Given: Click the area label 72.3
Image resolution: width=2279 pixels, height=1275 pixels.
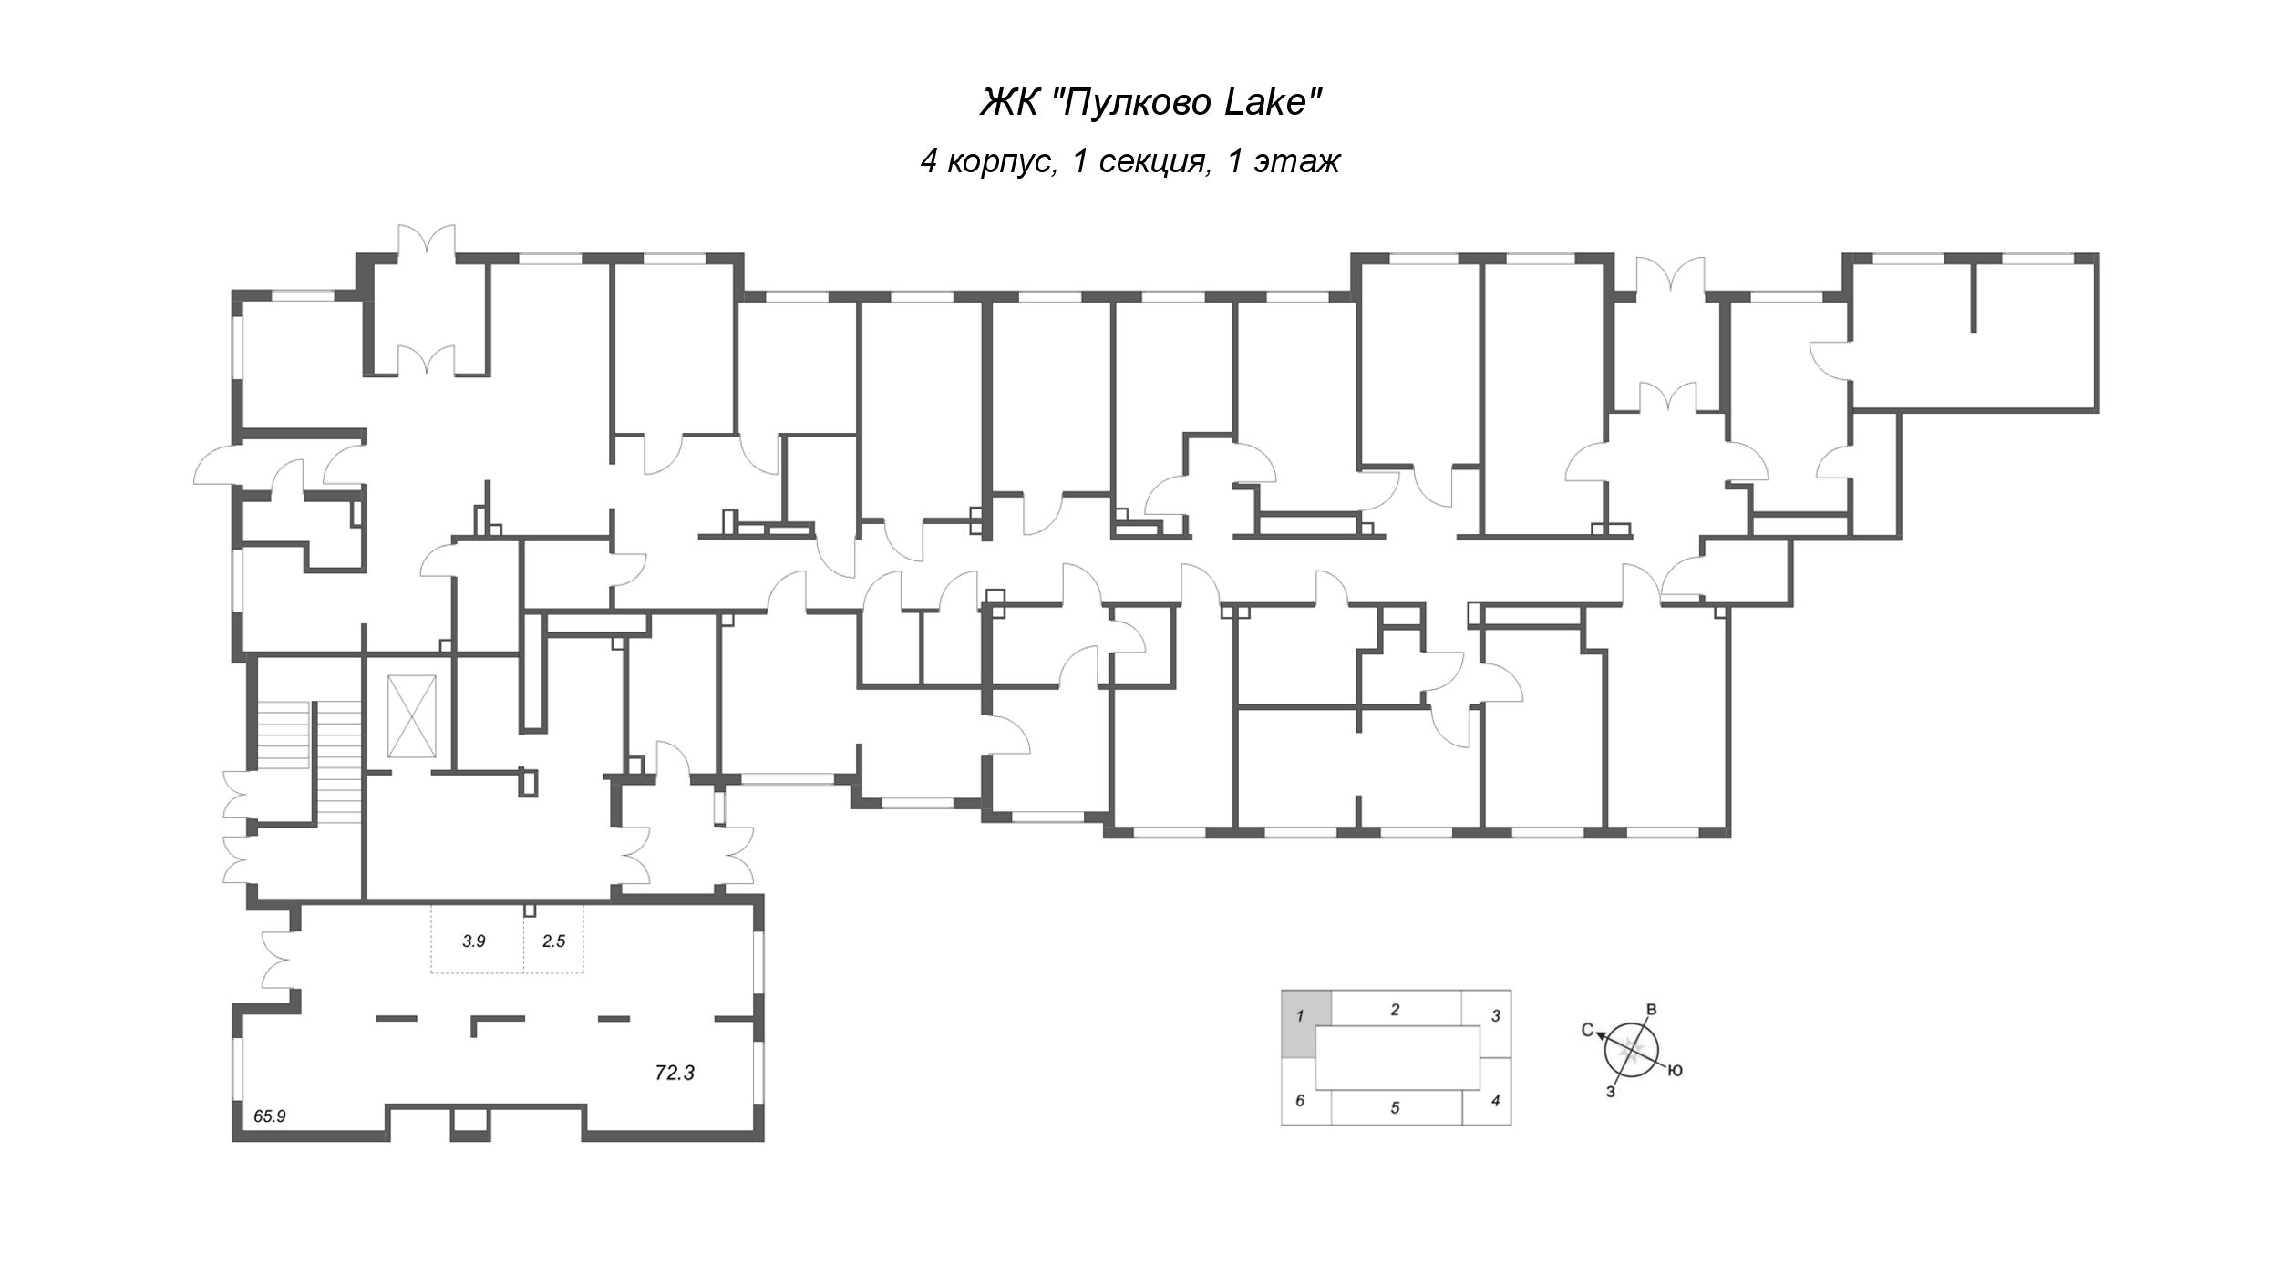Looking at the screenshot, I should [x=675, y=1074].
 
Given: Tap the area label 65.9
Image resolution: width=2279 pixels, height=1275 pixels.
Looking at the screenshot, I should [x=270, y=1115].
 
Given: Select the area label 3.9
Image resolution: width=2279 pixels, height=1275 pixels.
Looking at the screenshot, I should [x=473, y=941].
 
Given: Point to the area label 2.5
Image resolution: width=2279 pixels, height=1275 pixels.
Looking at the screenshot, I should [x=553, y=941].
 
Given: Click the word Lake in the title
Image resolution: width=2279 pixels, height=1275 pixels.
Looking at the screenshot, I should [x=1271, y=103].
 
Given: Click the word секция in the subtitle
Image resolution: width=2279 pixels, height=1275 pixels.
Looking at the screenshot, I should [x=1154, y=161].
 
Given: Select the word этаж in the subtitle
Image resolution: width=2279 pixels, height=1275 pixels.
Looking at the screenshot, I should [x=1296, y=161].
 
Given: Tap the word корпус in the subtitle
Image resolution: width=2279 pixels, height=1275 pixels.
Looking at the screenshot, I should [x=1001, y=161].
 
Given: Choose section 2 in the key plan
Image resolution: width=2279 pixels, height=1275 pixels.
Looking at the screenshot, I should [x=1395, y=1009].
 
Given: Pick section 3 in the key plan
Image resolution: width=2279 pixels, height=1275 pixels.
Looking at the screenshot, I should [x=1495, y=1015].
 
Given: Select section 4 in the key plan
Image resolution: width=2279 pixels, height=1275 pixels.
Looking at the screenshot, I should [x=1495, y=1100].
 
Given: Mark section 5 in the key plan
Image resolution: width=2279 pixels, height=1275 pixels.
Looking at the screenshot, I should [x=1395, y=1108].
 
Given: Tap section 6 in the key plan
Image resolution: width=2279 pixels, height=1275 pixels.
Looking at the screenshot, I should [x=1301, y=1101].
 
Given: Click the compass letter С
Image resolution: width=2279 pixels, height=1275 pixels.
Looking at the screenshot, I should [x=1587, y=1031].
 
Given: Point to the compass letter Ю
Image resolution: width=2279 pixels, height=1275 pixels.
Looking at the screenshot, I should [x=1675, y=1071].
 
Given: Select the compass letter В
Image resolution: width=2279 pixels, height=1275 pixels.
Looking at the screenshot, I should [x=1651, y=1009].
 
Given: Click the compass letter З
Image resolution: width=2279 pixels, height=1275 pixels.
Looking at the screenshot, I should [x=1611, y=1091].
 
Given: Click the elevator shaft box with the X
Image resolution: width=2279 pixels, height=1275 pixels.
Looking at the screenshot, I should [x=412, y=715].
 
